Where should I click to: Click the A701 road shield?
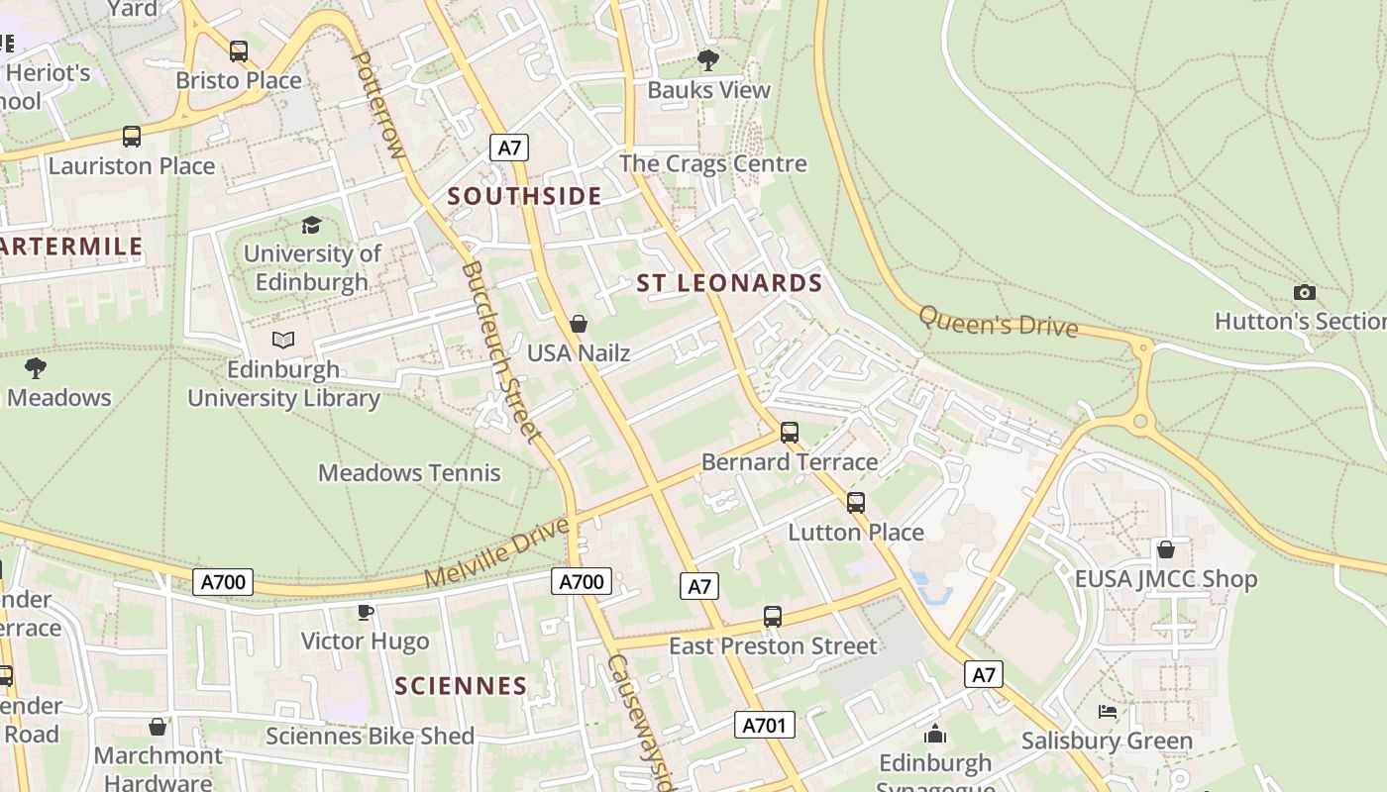click(x=766, y=726)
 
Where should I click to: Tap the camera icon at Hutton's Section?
click(x=1305, y=292)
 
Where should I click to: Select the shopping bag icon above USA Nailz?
click(x=579, y=324)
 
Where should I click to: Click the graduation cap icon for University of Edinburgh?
click(x=312, y=225)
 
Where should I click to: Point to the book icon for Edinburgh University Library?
click(x=283, y=341)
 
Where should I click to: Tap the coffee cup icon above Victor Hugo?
click(x=365, y=612)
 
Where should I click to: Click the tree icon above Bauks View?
click(x=708, y=60)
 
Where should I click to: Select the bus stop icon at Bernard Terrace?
click(x=790, y=433)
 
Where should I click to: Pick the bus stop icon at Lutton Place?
click(x=856, y=503)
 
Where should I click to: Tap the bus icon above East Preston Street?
click(x=773, y=617)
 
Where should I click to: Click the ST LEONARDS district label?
click(x=729, y=283)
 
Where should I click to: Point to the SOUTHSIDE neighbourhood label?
click(x=524, y=196)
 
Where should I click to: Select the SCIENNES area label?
click(x=461, y=686)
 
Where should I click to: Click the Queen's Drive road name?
click(x=998, y=321)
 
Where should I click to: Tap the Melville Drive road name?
click(x=498, y=552)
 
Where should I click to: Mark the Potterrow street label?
click(x=379, y=105)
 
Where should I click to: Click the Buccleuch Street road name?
click(x=501, y=351)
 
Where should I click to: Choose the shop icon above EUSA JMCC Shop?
click(x=1166, y=549)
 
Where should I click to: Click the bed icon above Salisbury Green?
click(x=1108, y=712)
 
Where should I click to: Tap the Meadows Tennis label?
click(x=409, y=473)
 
